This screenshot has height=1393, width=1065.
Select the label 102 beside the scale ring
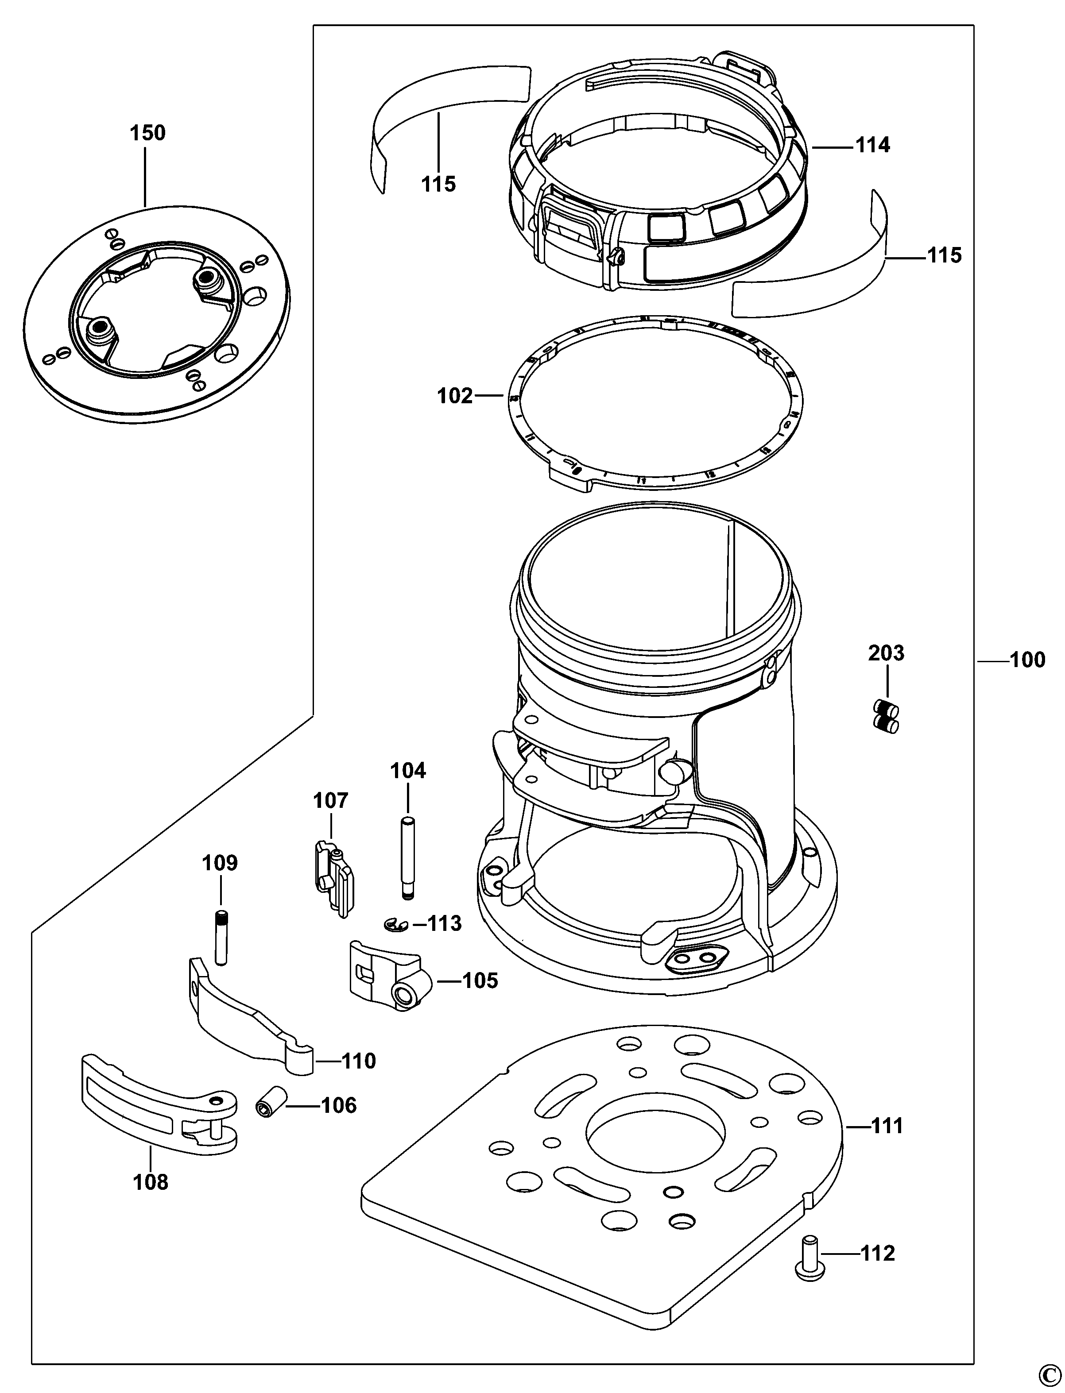[x=454, y=396]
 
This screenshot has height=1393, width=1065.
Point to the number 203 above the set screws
[x=886, y=653]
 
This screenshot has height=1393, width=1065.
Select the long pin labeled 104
[x=405, y=858]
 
